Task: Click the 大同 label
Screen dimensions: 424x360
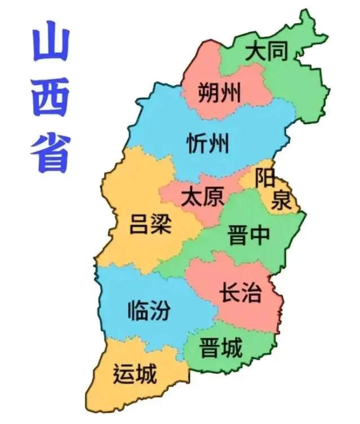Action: click(266, 52)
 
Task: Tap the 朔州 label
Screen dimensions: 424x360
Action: click(219, 91)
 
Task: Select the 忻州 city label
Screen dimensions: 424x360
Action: click(208, 143)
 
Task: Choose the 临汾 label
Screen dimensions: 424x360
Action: click(148, 310)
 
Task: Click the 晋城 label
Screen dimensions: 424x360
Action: click(221, 348)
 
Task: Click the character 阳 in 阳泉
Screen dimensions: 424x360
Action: click(265, 178)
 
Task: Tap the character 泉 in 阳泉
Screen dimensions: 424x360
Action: click(280, 200)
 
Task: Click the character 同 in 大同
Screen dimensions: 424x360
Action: click(278, 52)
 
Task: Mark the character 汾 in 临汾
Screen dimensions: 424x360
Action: click(159, 310)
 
